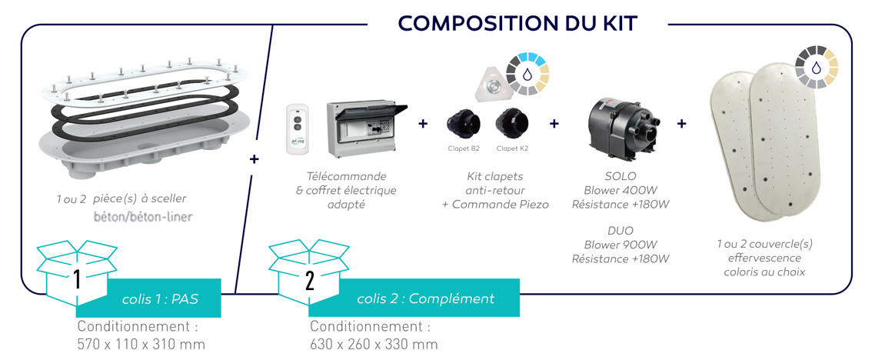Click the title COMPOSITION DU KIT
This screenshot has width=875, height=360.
518,23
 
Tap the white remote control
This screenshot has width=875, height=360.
298,129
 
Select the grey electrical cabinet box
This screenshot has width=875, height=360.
365,129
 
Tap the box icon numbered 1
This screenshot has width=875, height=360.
76,272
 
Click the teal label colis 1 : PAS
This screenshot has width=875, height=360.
161,298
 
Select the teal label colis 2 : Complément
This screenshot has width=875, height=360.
414,298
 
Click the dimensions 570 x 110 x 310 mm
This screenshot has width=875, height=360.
141,345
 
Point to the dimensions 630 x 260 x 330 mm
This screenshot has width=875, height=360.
374,345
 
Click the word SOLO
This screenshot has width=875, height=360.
620,176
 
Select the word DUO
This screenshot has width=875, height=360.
620,231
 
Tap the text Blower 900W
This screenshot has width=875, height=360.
620,245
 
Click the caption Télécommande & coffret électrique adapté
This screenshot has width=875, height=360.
346,190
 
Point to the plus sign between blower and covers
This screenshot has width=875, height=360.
682,123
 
